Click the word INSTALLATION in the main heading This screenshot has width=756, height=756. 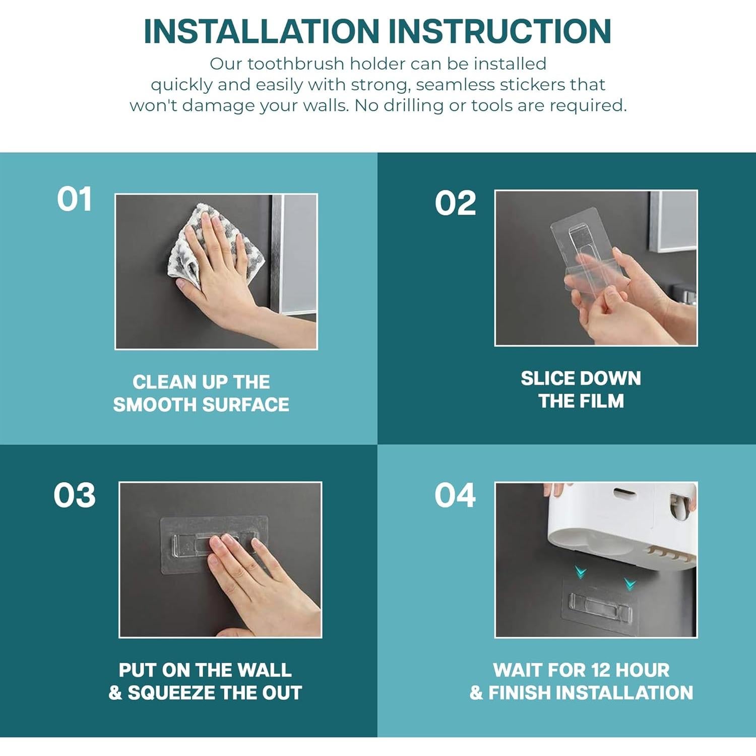pos(262,31)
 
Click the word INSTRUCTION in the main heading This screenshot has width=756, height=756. pos(500,31)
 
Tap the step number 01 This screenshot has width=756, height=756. pos(75,199)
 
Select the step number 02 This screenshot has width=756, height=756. pos(455,203)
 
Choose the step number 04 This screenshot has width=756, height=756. pos(455,495)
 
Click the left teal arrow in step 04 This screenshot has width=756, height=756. pos(581,572)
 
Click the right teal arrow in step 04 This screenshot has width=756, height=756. pos(630,584)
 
